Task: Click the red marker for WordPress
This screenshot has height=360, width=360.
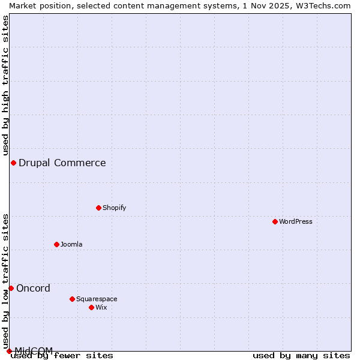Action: tap(275, 221)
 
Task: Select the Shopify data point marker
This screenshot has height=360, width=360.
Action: tap(98, 208)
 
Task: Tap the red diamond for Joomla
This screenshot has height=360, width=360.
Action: tap(56, 244)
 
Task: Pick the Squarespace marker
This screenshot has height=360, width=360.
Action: tap(72, 299)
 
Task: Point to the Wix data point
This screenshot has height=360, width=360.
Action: tap(91, 307)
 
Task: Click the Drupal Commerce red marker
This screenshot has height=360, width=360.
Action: tap(13, 163)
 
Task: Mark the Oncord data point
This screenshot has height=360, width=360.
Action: tap(11, 288)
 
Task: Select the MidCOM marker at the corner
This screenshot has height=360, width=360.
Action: tap(9, 351)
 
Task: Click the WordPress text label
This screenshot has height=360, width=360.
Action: tap(296, 221)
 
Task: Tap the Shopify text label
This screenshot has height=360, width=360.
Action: tap(115, 208)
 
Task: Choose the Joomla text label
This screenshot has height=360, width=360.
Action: tap(71, 244)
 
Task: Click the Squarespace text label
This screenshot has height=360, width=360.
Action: tap(97, 299)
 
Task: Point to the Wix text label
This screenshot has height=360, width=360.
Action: tap(101, 307)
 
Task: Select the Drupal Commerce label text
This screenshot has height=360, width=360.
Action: tap(62, 163)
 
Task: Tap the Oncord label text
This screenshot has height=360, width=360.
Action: tap(34, 288)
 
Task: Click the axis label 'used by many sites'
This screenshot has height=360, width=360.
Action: tap(301, 355)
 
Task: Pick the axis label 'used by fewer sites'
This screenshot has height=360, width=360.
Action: tap(62, 355)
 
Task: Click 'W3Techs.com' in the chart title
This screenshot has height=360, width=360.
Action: tap(322, 5)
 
